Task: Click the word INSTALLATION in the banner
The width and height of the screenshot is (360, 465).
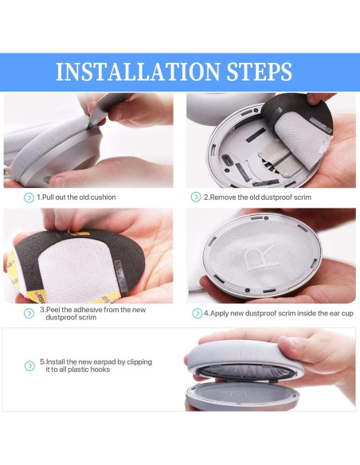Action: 138,72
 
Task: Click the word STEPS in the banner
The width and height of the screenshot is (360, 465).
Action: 260,72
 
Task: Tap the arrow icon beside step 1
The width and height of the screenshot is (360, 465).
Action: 29,197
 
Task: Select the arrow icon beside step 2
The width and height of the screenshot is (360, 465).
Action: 196,197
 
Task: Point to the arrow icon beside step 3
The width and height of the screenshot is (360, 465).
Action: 29,313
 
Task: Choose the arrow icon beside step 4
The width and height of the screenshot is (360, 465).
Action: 197,313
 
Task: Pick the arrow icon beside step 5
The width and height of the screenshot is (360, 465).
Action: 29,365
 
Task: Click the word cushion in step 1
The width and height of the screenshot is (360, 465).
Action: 104,197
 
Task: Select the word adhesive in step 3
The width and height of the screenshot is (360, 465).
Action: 87,310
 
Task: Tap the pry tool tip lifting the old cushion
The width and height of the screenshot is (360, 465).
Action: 89,127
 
